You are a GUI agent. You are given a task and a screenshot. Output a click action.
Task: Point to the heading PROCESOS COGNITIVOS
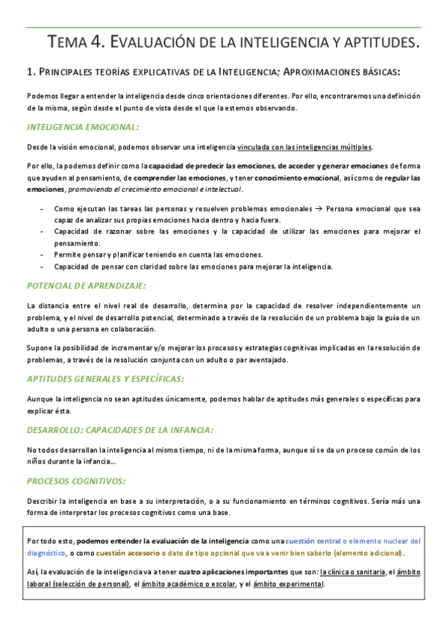pos(76,481)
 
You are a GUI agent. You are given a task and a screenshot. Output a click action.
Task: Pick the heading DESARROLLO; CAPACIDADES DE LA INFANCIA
pos(120,430)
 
